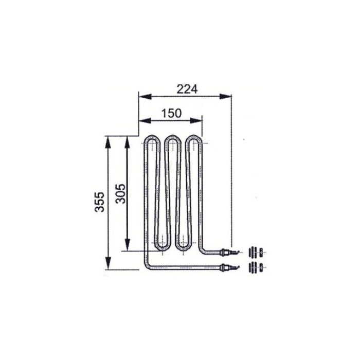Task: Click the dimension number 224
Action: [187, 89]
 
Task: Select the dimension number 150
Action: [171, 113]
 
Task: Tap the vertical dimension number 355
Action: [100, 202]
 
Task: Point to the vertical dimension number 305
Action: [120, 194]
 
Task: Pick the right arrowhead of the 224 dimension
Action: [225, 97]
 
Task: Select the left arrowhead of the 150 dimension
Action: [146, 120]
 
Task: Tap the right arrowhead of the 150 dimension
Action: [196, 120]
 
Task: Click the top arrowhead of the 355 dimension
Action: [108, 142]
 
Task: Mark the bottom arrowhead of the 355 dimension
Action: [108, 263]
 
